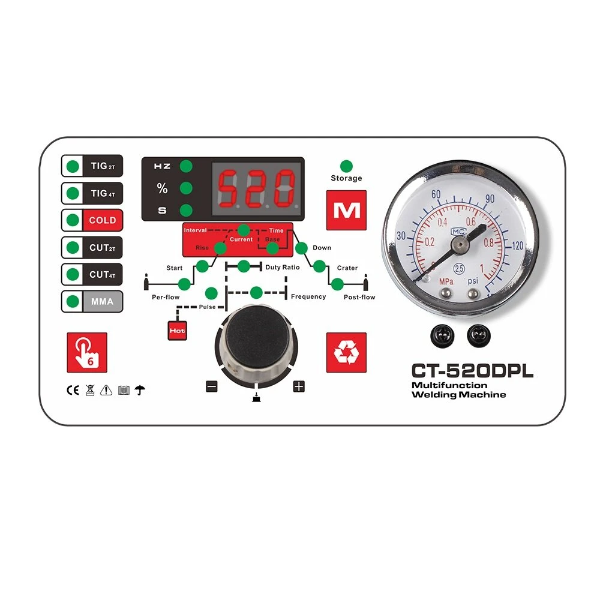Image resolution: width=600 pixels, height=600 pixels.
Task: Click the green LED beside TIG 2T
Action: (73, 166)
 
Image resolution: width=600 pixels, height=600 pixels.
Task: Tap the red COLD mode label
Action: (103, 220)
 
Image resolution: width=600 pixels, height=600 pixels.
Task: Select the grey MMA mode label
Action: (103, 302)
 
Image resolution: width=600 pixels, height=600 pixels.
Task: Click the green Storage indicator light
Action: (346, 166)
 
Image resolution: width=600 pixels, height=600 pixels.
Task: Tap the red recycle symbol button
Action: (346, 352)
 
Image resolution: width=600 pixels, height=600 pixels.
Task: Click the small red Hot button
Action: (177, 331)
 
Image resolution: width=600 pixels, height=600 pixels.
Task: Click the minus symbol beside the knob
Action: (212, 386)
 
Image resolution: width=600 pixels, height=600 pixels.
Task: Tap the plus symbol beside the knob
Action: (299, 386)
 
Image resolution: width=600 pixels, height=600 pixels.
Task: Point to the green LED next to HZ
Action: (186, 166)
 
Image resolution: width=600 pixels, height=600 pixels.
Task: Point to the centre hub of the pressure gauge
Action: (460, 245)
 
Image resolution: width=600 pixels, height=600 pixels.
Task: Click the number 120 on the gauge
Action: (517, 245)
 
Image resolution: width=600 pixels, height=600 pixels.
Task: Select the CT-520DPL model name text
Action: (472, 371)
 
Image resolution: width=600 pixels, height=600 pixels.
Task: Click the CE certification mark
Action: (73, 391)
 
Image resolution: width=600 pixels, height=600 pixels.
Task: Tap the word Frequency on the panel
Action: (308, 296)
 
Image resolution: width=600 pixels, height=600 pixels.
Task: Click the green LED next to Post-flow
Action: (337, 284)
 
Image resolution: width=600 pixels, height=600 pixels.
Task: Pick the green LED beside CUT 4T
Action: (73, 274)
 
